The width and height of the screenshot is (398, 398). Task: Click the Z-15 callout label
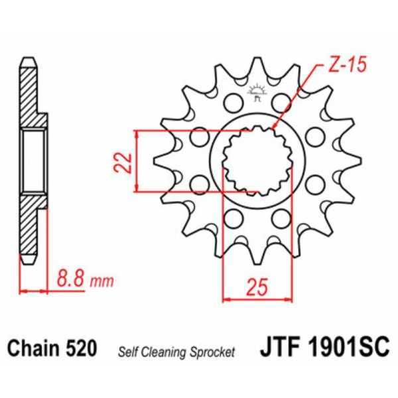[346, 67]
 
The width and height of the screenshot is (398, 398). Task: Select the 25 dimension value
[257, 287]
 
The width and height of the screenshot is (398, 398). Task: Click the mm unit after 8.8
[101, 281]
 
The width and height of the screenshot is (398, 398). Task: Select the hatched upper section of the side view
[30, 96]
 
